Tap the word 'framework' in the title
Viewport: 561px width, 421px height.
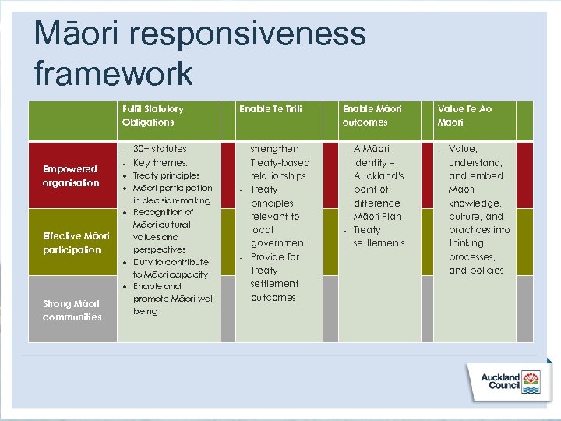coord(113,73)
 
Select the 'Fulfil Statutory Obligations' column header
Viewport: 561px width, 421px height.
coord(153,115)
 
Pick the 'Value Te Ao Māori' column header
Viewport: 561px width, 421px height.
coord(464,115)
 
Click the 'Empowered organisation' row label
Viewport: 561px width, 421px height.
coord(71,175)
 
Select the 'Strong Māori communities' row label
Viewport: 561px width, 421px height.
coord(71,310)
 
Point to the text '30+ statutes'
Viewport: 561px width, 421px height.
coord(160,149)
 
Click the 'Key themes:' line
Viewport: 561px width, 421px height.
coord(161,162)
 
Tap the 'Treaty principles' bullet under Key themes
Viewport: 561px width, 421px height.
coord(166,175)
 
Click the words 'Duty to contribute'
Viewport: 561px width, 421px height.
coord(171,262)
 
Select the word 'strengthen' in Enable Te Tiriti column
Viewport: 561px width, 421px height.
coord(274,149)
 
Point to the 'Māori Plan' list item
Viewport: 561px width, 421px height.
coord(377,216)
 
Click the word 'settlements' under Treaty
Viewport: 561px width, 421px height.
coord(379,243)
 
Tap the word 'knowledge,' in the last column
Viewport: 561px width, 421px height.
coord(476,203)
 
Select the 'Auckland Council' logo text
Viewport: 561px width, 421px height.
coord(500,382)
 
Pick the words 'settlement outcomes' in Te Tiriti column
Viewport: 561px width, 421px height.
coord(273,290)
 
